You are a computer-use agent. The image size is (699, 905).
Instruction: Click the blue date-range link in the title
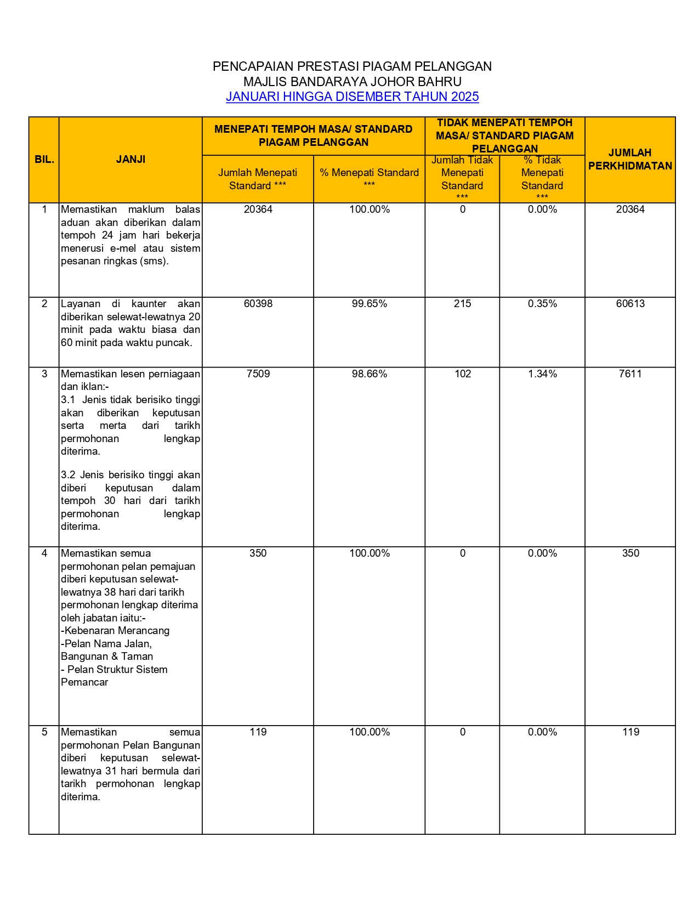pos(352,97)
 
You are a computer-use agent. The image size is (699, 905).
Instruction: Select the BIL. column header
pos(44,160)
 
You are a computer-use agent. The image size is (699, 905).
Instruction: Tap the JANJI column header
pos(130,160)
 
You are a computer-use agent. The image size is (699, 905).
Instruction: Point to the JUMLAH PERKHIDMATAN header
pos(630,160)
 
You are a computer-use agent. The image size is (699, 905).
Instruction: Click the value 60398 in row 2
pos(258,304)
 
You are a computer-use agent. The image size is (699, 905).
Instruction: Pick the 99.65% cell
pos(369,304)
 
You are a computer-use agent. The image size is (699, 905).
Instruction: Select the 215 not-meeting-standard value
pos(462,304)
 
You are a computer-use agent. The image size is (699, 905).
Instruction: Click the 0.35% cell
pos(542,304)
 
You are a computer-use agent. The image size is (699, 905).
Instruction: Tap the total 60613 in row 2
pos(630,304)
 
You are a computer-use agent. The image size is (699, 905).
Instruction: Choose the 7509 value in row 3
pos(258,374)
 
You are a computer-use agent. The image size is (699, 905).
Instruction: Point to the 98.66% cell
pos(369,374)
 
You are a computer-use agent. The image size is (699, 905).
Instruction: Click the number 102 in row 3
pos(462,374)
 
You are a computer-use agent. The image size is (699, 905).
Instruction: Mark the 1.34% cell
pos(542,374)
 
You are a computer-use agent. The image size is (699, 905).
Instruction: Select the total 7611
pos(630,374)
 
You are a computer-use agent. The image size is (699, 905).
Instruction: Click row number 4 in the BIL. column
pos(44,553)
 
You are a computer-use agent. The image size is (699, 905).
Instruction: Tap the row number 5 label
pos(44,732)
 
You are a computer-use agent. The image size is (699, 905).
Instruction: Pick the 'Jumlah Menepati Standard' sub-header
pos(258,179)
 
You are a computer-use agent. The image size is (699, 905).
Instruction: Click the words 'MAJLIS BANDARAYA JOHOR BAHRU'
pos(352,82)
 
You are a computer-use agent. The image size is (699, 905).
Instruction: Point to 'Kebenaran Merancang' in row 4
pos(117,631)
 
